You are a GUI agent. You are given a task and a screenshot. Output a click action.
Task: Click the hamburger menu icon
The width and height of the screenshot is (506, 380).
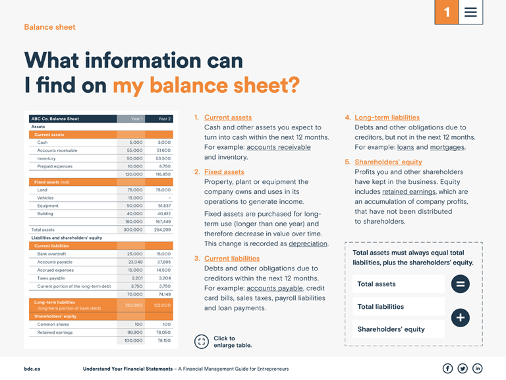[x=470, y=13]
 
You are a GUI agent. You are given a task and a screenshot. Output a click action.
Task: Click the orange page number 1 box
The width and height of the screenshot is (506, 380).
[x=447, y=13]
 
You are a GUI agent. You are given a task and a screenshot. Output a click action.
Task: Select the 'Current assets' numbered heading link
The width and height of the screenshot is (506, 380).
[x=227, y=117]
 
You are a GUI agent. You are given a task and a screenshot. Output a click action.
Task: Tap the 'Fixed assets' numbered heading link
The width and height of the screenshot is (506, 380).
[x=224, y=172]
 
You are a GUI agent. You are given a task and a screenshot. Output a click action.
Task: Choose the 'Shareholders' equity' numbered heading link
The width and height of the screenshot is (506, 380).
[x=388, y=162]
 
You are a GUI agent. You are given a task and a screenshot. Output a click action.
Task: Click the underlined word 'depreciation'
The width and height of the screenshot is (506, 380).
[x=308, y=243]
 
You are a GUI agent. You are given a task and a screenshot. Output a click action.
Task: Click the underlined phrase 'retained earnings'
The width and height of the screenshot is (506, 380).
[x=408, y=192]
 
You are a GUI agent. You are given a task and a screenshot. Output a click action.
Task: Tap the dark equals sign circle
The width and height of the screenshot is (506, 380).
[x=460, y=284]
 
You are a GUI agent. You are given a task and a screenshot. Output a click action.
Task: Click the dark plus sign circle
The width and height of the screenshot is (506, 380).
[x=460, y=318]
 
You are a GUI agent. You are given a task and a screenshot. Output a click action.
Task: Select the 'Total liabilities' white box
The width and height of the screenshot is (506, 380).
[x=398, y=307]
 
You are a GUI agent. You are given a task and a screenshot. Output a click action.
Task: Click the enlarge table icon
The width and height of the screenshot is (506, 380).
[x=202, y=342]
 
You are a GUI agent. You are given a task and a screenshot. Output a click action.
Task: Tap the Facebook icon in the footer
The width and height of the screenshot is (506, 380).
[x=447, y=368]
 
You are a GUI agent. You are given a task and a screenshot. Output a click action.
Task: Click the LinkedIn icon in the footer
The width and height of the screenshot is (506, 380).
[x=478, y=368]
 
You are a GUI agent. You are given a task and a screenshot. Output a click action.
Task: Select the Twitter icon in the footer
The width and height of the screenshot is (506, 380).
[x=463, y=368]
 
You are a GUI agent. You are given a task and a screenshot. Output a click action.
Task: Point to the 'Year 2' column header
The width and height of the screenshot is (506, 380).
[x=164, y=119]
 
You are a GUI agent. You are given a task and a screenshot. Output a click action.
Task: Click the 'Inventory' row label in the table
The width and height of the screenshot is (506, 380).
[x=46, y=158]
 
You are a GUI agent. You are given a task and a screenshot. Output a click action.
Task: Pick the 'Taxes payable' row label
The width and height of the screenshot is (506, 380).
[x=51, y=278]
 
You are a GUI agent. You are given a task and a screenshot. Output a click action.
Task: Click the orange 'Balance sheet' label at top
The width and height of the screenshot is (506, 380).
[x=49, y=27]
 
